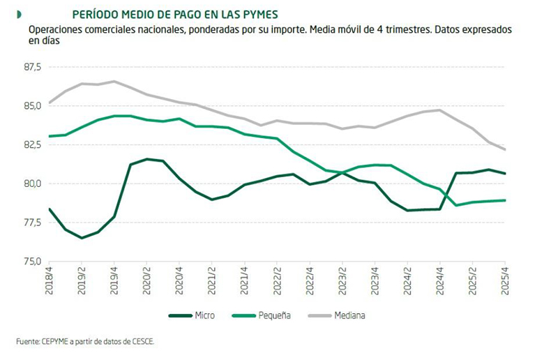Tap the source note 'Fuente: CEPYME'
tap(84, 341)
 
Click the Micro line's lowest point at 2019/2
tap(82, 238)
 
